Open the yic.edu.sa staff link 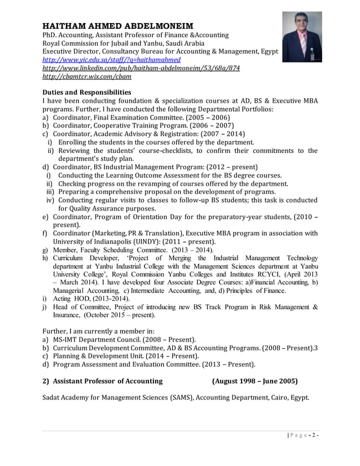pyautogui.click(x=112, y=59)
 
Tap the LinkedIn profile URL pyautogui.click(x=142, y=68)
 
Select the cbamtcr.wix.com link pyautogui.click(x=87, y=76)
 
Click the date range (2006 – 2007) pyautogui.click(x=210, y=126)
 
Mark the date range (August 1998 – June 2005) pyautogui.click(x=255, y=381)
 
